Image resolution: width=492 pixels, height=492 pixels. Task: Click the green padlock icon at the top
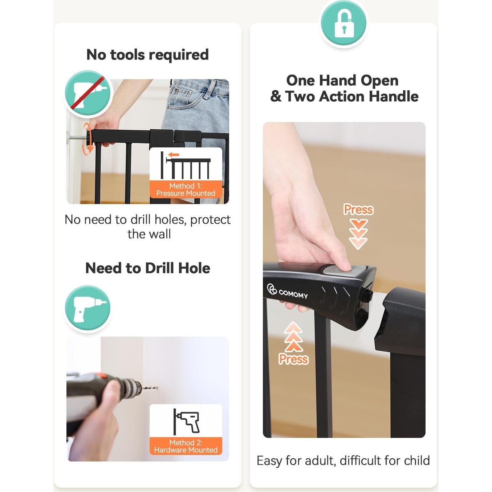point(343,23)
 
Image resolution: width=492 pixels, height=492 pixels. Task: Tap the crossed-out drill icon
point(88,93)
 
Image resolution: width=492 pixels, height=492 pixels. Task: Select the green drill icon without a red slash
point(88,308)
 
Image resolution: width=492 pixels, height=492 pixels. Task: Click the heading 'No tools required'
point(147,55)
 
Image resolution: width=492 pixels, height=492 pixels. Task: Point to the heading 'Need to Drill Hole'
point(147,268)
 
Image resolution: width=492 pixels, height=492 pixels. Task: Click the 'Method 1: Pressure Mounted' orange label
point(186,190)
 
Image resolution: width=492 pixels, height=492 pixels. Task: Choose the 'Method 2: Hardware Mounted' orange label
point(186,446)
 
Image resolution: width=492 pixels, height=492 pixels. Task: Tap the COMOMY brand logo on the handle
point(288,292)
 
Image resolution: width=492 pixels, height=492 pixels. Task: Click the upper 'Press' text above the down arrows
point(358,210)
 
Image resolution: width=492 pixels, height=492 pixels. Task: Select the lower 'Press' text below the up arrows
point(293,359)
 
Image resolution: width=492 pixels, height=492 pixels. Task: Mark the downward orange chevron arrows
point(358,234)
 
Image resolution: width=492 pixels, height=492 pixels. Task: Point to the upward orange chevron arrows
point(293,337)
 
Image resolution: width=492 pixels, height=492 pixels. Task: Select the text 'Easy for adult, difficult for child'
point(343,461)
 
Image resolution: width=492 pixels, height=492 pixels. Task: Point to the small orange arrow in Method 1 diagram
point(174,155)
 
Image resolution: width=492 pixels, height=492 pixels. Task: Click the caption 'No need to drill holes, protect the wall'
point(147,227)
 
